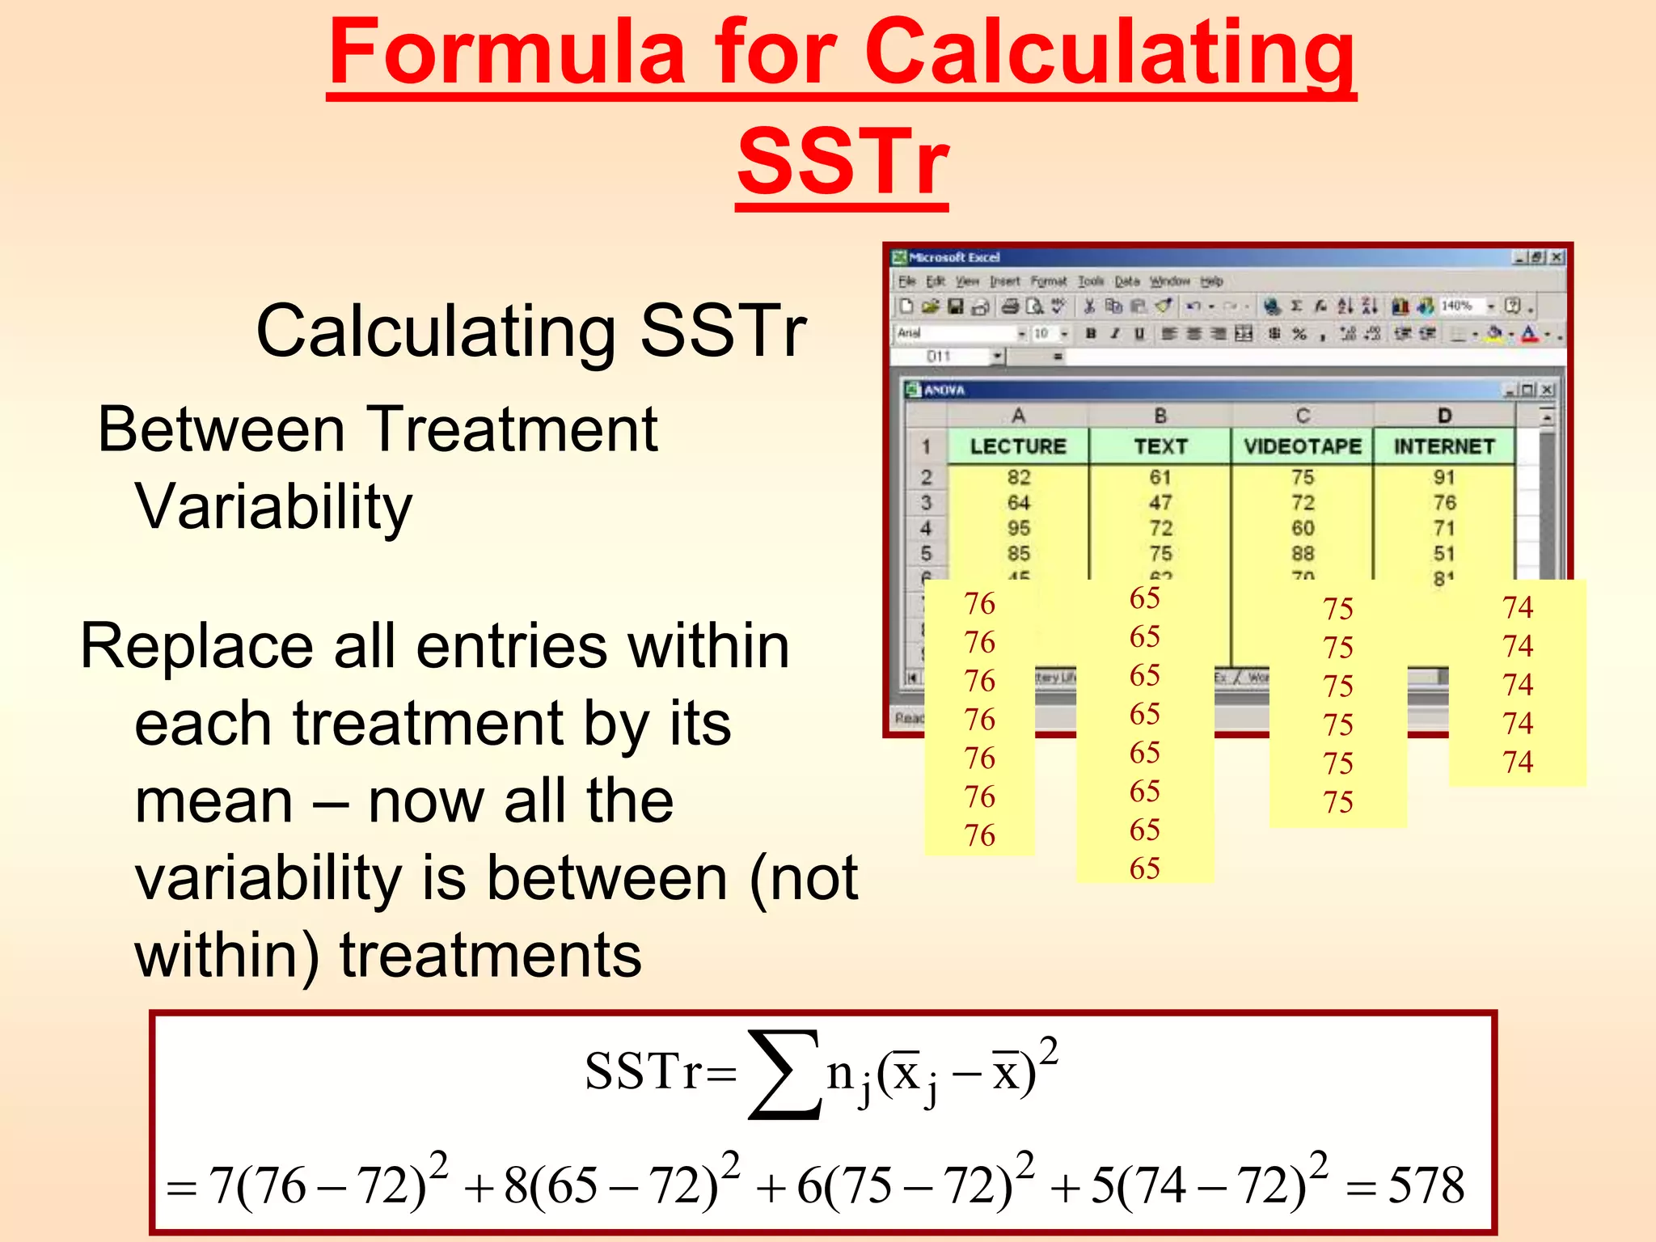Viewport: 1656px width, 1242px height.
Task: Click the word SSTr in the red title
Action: click(x=842, y=162)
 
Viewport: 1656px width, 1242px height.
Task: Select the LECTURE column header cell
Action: click(x=1018, y=446)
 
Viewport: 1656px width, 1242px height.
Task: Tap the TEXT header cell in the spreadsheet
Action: click(x=1160, y=446)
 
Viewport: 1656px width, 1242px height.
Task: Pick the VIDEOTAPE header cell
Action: click(x=1302, y=446)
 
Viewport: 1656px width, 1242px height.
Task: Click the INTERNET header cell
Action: click(x=1444, y=446)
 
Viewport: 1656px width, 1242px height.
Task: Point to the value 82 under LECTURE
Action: click(x=1018, y=477)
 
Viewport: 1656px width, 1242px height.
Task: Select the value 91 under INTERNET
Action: click(x=1444, y=477)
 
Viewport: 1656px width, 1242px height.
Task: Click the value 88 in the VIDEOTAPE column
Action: click(x=1302, y=554)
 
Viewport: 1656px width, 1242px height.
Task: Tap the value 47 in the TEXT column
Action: click(x=1160, y=503)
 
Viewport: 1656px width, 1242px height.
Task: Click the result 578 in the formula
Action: click(x=1426, y=1186)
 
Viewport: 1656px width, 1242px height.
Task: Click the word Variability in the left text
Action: click(x=273, y=507)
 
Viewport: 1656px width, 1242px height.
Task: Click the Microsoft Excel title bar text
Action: click(x=954, y=257)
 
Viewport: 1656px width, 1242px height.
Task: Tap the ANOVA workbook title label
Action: click(x=944, y=390)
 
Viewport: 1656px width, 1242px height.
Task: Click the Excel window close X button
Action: click(x=1557, y=257)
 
